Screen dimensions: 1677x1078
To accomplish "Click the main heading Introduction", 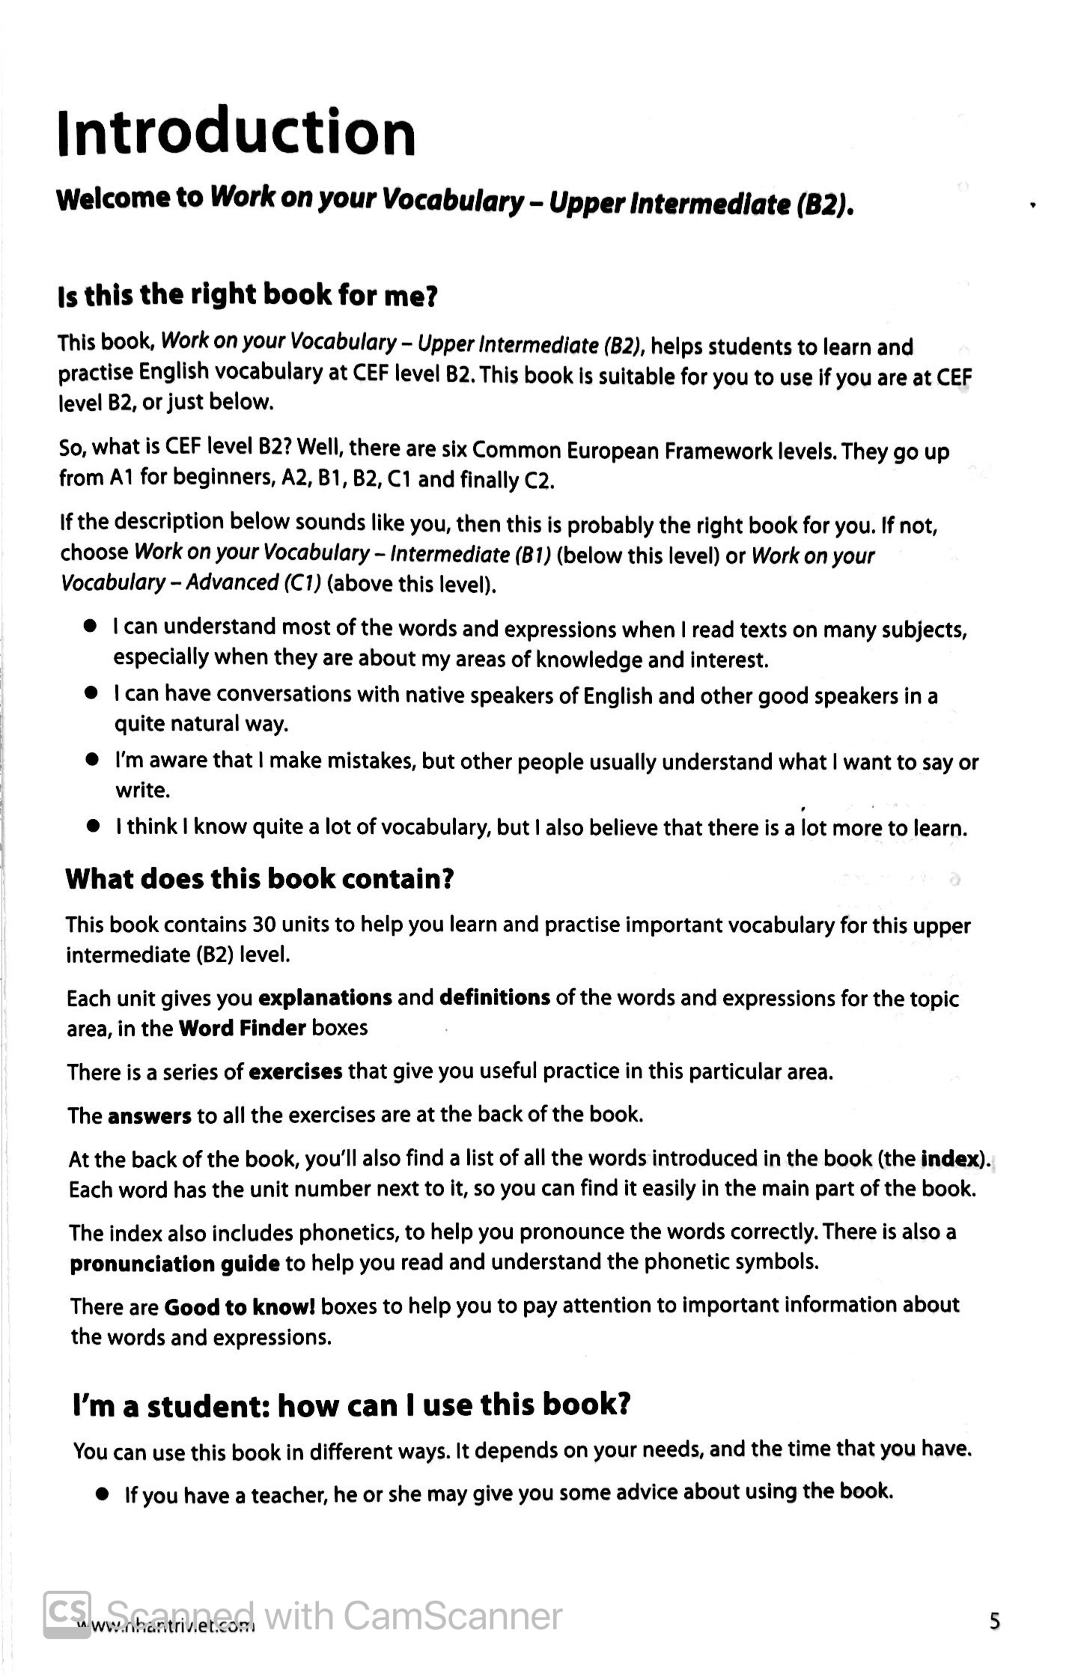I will click(x=237, y=133).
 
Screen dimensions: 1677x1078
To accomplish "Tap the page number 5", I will click(x=994, y=1622).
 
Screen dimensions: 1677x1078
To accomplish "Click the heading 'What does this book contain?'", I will click(x=260, y=879).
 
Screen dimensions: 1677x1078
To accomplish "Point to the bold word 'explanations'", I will click(x=325, y=999).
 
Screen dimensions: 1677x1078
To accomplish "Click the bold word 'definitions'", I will click(x=495, y=998).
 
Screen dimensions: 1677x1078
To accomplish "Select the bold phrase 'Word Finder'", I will click(x=242, y=1029).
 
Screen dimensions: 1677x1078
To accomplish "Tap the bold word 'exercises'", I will click(x=295, y=1073).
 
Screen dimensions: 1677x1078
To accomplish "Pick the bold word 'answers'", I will click(x=150, y=1116).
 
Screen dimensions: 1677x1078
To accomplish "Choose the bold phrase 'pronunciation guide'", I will click(x=175, y=1264).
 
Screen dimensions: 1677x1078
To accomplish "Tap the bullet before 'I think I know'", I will click(x=93, y=827).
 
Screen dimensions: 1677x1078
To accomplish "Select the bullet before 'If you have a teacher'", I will click(x=103, y=1495).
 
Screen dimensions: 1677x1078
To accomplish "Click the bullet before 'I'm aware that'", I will click(x=93, y=761).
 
